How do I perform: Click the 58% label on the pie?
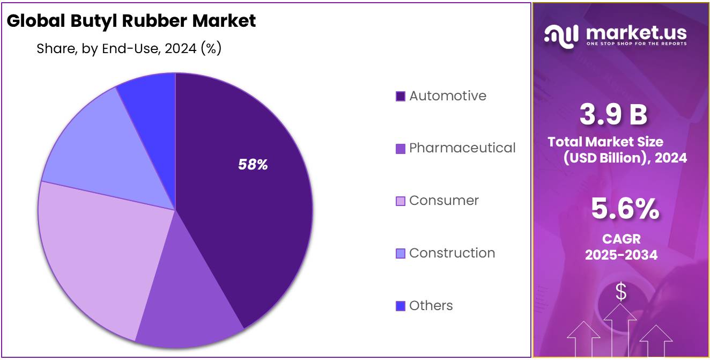click(253, 165)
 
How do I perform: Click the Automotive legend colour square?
click(400, 97)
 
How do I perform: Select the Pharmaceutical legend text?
click(462, 148)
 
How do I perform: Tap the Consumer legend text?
click(443, 201)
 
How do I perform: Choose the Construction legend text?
click(452, 253)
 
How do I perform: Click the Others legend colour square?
click(400, 306)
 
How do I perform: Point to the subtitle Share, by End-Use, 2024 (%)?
click(129, 49)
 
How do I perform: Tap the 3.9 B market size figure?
click(613, 115)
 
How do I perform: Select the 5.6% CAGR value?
click(625, 209)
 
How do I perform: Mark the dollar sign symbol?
click(620, 292)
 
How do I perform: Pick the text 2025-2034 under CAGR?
click(621, 255)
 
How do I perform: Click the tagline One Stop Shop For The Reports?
click(636, 43)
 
